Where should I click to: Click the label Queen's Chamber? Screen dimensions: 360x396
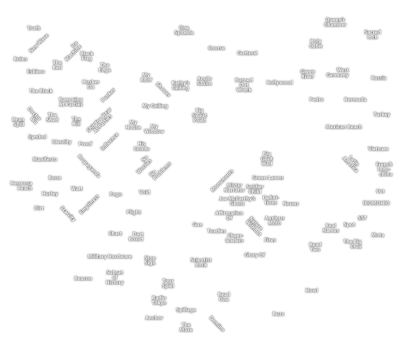[x=334, y=22]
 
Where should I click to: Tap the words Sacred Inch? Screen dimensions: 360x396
[x=372, y=34]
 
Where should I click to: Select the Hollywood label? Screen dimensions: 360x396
[x=279, y=82]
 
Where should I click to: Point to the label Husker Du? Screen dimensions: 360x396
[x=90, y=84]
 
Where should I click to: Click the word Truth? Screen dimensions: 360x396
[x=33, y=28]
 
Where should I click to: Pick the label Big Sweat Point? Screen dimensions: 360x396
[x=199, y=115]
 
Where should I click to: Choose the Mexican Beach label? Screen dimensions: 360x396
[x=343, y=127]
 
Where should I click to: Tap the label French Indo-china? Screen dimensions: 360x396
[x=384, y=169]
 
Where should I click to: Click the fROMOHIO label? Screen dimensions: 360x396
[x=376, y=203]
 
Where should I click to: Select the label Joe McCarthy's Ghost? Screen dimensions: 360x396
[x=237, y=201]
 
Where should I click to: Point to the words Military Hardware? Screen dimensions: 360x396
[x=109, y=256]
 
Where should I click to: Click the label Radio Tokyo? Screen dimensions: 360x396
[x=159, y=300]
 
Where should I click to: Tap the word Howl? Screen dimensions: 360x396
[x=311, y=290]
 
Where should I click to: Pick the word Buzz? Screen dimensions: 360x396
[x=278, y=314]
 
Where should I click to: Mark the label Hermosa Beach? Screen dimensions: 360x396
[x=21, y=185]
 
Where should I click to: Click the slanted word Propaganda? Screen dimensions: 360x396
[x=89, y=166]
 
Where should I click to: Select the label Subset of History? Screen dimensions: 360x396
[x=114, y=277]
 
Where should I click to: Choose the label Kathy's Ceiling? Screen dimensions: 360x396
[x=180, y=85]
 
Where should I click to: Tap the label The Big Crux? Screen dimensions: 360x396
[x=352, y=244]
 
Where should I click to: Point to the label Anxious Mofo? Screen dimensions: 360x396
[x=274, y=220]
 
